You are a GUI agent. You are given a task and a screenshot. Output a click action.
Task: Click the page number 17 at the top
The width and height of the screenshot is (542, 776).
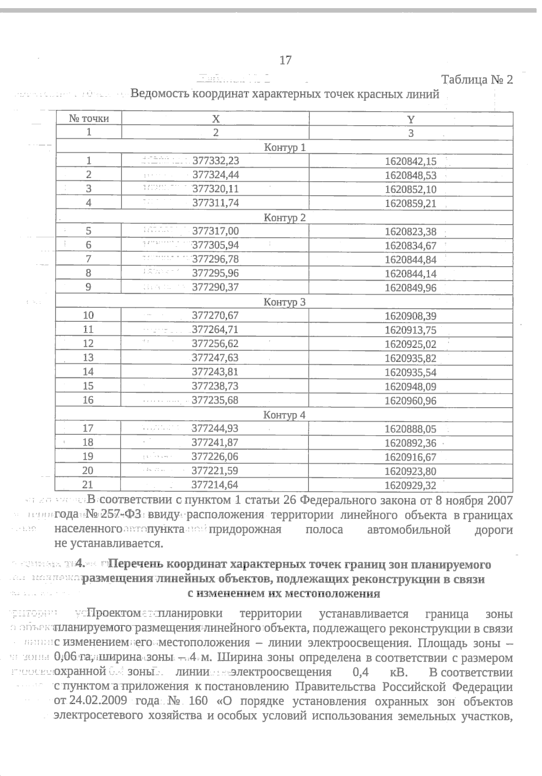tap(285, 60)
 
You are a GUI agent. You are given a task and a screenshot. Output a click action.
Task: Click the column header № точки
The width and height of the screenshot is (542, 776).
tap(89, 119)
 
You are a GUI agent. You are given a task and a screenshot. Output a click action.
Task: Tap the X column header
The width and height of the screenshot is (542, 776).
tap(216, 119)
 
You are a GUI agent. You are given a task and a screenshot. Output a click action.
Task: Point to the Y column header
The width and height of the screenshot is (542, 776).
tap(411, 119)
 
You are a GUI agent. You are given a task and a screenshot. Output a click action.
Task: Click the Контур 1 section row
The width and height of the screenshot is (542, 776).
tap(285, 147)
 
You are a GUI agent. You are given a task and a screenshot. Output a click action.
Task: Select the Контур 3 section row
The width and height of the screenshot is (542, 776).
tap(285, 302)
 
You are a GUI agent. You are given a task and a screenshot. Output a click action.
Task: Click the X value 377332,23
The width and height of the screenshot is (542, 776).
tap(215, 161)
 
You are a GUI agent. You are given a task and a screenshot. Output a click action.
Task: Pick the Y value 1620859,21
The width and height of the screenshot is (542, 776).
tap(411, 203)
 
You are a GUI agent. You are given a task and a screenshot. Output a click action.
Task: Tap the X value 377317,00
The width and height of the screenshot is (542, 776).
tap(215, 231)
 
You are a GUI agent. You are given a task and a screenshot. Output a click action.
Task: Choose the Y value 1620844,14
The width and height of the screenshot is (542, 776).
tap(411, 273)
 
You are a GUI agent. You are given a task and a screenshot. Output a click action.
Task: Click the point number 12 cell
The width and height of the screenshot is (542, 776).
tap(89, 343)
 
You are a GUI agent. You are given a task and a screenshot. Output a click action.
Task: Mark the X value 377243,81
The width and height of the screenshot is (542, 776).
tap(215, 372)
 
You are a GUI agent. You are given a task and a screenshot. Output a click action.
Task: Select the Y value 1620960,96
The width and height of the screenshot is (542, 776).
tap(411, 400)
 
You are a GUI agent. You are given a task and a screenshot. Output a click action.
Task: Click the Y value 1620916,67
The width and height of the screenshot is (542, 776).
tap(411, 457)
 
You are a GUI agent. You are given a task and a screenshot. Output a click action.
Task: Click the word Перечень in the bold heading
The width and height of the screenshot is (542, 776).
tap(136, 564)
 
